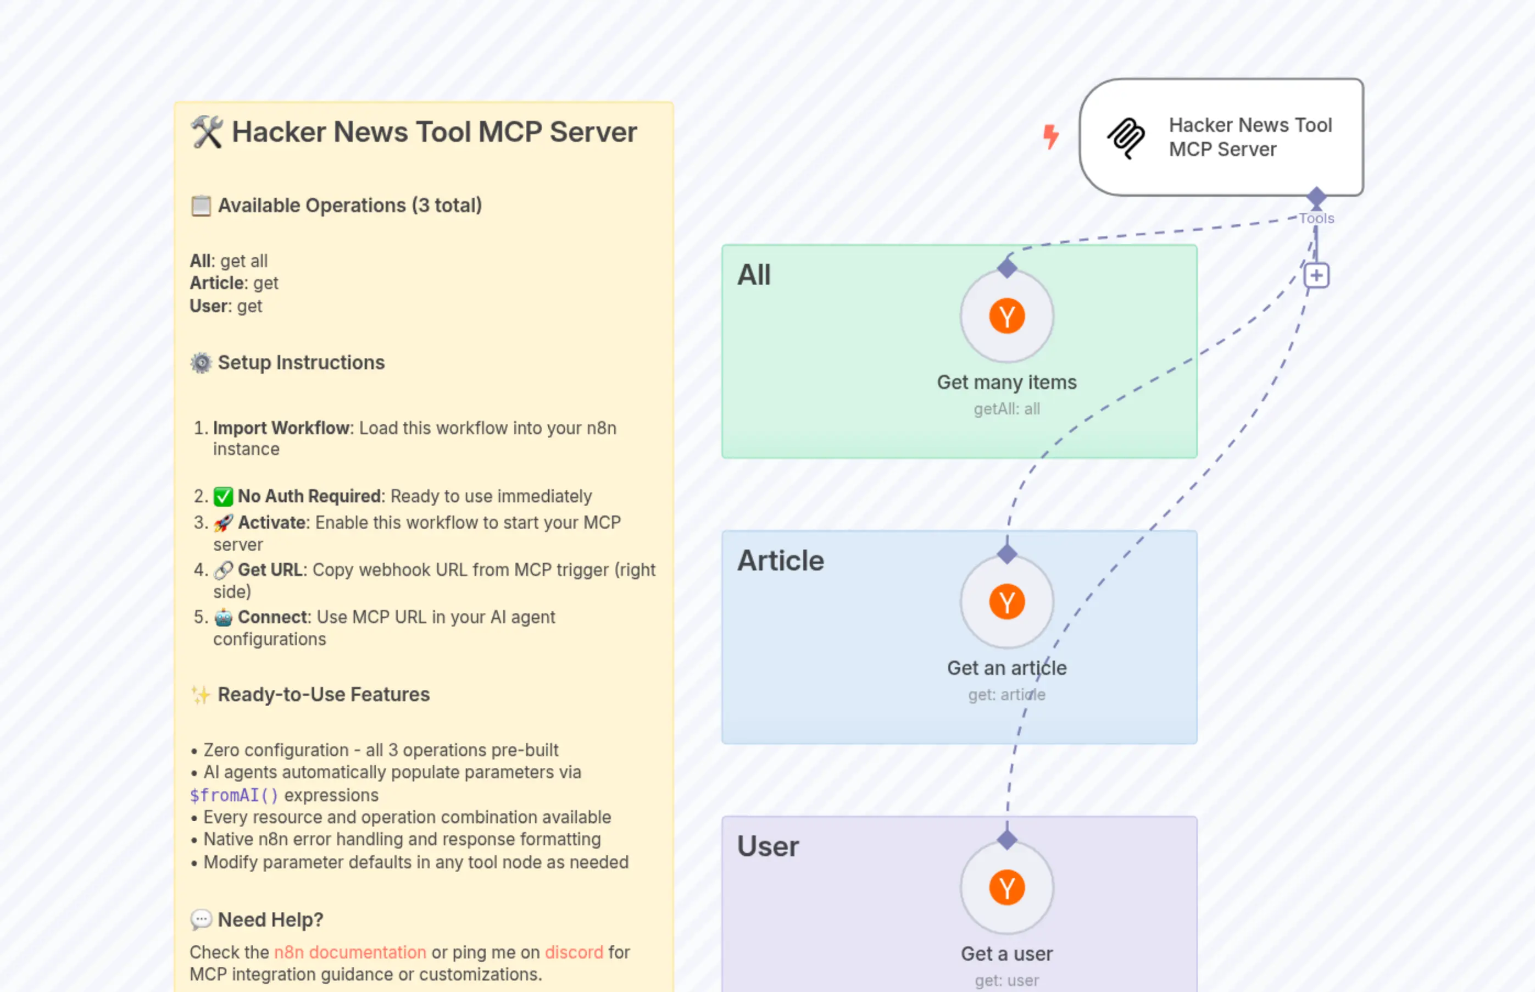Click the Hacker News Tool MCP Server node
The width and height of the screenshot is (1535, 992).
(1221, 137)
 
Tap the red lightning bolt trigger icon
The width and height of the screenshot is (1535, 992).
(1050, 136)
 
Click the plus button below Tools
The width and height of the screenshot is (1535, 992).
(1316, 276)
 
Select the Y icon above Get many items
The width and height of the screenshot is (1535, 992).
(1006, 316)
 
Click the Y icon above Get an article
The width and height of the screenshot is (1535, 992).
(1006, 602)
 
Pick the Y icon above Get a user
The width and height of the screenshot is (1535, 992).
(1006, 888)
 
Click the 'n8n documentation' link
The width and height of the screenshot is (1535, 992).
(349, 952)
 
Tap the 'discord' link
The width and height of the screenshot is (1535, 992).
(574, 952)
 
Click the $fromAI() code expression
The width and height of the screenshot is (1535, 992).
(233, 795)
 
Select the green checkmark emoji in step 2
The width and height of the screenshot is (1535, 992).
(224, 497)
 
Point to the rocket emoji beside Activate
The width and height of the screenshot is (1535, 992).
(224, 523)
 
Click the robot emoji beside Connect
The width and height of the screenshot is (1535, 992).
(224, 618)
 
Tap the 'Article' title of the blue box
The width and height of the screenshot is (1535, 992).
(780, 561)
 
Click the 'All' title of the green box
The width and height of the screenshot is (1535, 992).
(753, 275)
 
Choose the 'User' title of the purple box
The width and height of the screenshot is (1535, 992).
(767, 846)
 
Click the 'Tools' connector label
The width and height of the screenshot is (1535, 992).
(1316, 218)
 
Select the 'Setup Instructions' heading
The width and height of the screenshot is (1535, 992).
(301, 363)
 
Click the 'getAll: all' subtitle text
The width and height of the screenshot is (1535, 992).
(1006, 409)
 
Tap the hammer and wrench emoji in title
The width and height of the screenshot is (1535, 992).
(207, 132)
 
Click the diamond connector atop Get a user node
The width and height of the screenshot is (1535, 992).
(1006, 839)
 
